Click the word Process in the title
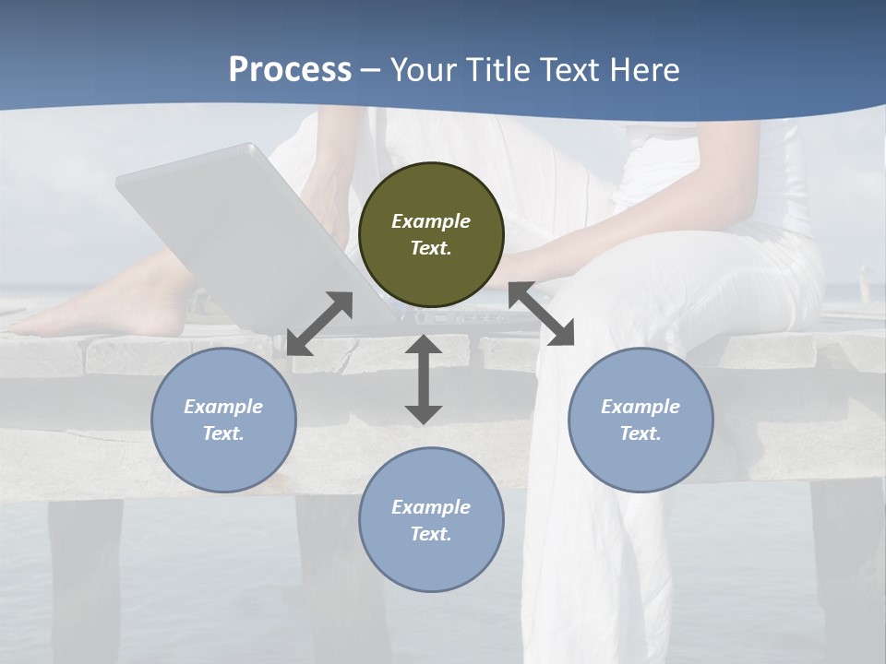tap(290, 70)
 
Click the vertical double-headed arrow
tap(424, 379)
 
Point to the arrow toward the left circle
tap(319, 324)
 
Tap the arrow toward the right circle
tap(541, 314)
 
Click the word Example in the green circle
tap(431, 221)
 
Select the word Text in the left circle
tap(223, 433)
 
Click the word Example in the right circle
tap(641, 407)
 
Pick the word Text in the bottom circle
tap(431, 534)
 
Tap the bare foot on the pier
tap(102, 309)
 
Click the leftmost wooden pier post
tap(85, 572)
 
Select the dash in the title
tap(371, 70)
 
